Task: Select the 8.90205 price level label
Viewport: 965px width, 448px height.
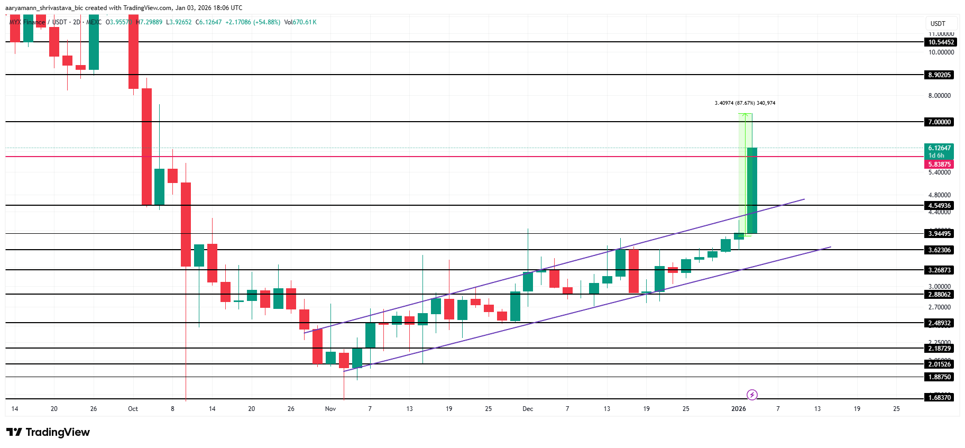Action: [939, 75]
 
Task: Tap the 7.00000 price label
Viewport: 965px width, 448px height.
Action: [939, 122]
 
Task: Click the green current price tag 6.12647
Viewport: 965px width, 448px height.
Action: [940, 148]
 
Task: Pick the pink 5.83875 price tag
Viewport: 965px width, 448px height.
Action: [939, 164]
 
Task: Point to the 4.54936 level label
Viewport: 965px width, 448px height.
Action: [939, 206]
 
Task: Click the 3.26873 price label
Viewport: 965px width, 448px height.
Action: [939, 270]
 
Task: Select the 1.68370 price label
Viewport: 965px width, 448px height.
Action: [939, 398]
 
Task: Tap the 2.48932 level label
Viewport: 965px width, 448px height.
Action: [939, 323]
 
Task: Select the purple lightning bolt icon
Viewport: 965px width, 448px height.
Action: [752, 395]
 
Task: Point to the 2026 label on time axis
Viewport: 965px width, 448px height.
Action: [738, 409]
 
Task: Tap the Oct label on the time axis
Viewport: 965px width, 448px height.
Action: [133, 409]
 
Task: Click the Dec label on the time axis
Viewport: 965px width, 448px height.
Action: [527, 409]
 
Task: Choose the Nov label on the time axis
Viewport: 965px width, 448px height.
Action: [330, 409]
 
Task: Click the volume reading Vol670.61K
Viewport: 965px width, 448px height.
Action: [300, 22]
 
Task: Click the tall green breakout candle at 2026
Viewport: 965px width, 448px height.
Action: [752, 190]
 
